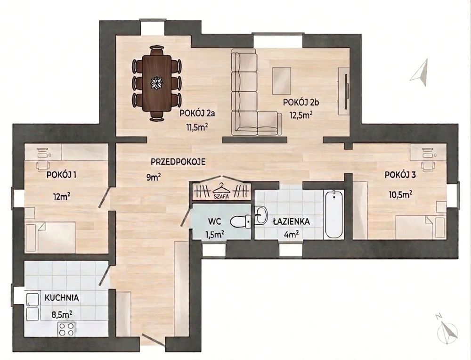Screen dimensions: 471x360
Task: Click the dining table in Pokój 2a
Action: tap(156, 83)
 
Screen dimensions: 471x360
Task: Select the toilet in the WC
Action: tap(241, 222)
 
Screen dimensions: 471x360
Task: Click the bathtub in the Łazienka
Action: tap(333, 214)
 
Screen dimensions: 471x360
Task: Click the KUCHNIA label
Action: tap(62, 298)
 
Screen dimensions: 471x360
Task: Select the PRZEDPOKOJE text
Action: tap(178, 162)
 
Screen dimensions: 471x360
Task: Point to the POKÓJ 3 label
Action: tap(400, 175)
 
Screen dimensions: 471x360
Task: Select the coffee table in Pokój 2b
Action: tap(282, 81)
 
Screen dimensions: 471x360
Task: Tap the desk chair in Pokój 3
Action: tap(427, 165)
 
